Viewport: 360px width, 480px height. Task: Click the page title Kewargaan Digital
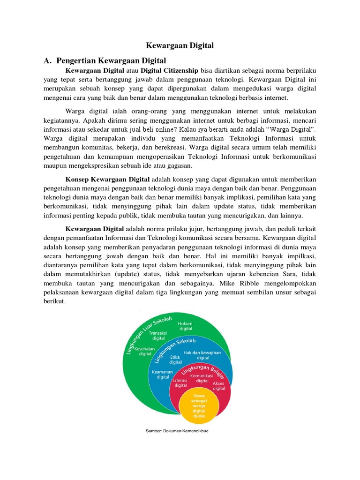coord(180,45)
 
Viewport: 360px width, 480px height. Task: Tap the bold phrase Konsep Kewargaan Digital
coord(107,179)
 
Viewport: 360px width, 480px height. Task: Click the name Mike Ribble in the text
coord(254,283)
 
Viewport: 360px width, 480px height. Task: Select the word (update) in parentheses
coord(146,274)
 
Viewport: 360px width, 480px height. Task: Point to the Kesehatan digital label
coord(145,352)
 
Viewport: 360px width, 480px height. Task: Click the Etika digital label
coord(176,360)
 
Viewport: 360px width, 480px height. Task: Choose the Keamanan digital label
coord(163,374)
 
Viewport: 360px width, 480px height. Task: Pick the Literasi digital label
coord(180,382)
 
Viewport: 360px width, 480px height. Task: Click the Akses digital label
coord(219,386)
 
